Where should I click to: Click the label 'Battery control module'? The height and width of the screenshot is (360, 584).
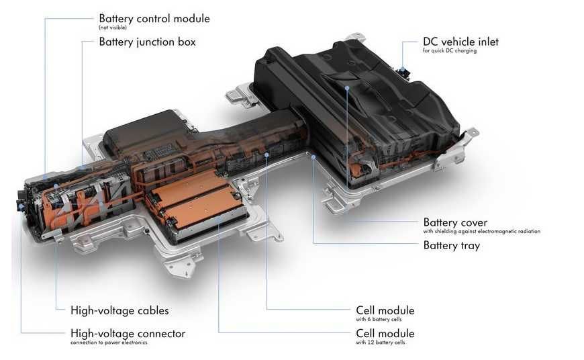pos(154,19)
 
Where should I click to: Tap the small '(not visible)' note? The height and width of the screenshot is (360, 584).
pos(113,28)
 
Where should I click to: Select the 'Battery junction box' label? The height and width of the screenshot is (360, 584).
pos(147,42)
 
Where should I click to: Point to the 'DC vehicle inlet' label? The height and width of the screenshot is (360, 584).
pos(460,42)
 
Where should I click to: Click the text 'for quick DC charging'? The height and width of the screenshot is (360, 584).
pos(450,50)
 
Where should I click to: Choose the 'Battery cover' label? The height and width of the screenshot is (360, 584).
pos(455,222)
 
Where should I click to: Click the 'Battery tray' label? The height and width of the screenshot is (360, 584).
pos(451,246)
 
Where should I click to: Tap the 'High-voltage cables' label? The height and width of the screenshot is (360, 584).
pos(119,311)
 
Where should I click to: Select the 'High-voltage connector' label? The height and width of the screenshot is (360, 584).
pos(128,334)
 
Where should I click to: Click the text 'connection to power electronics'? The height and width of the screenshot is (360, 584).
pos(109,343)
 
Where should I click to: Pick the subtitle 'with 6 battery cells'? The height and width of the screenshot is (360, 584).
pos(379,320)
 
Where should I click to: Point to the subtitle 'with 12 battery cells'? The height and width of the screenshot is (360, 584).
pos(380,343)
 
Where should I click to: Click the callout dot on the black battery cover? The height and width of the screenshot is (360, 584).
pos(347,88)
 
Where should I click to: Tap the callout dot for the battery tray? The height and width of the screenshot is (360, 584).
pos(313,157)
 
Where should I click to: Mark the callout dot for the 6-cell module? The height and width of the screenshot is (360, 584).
pos(266,154)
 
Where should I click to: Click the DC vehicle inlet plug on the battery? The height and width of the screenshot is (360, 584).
pos(403,71)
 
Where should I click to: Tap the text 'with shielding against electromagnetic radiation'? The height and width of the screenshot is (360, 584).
pos(481,232)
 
